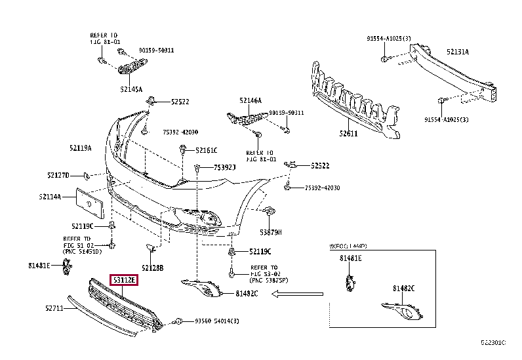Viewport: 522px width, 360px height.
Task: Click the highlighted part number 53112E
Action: [123, 280]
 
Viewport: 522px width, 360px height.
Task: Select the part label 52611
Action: [349, 134]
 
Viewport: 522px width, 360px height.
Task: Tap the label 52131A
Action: [458, 51]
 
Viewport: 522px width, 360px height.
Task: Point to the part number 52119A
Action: [81, 148]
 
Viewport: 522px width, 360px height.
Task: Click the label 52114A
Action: [50, 196]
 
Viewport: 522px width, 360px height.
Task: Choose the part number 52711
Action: [54, 308]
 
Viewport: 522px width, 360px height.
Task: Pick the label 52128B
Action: [152, 268]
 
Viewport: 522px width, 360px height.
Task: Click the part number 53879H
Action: [270, 232]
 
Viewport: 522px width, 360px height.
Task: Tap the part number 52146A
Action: [251, 100]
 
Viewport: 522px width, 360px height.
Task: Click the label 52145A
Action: [131, 89]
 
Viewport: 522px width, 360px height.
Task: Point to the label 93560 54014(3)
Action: [217, 321]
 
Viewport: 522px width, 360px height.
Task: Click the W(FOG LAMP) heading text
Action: [348, 246]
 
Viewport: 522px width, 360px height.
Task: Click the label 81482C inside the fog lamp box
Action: [404, 288]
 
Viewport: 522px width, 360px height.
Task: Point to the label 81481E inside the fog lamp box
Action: [350, 258]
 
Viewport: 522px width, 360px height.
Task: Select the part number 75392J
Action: [224, 168]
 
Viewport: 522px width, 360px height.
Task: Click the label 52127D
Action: [58, 175]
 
